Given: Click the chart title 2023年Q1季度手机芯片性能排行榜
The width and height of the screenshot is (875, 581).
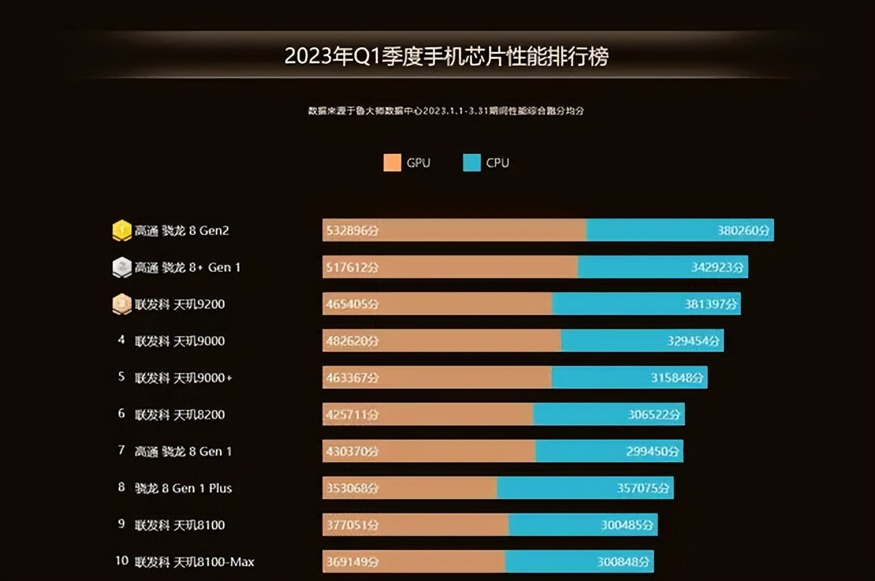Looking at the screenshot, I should (x=446, y=56).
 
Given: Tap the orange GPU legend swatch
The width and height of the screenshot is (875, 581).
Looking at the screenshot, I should (x=392, y=163).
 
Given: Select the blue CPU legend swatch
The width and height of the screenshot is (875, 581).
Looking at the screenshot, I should (x=472, y=163).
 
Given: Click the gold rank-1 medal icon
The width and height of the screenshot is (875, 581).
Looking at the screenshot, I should (x=122, y=230).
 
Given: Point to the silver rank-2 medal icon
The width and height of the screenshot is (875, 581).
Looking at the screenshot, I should (x=122, y=267).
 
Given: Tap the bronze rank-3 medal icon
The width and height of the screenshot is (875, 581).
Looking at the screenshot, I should (x=122, y=304).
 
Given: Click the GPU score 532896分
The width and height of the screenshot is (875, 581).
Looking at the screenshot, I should (x=351, y=231).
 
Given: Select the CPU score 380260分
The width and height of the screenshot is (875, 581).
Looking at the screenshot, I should (x=743, y=231).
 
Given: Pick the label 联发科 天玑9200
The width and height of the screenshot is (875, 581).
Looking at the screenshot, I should (x=180, y=304).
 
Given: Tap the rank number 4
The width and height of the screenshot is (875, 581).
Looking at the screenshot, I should (x=122, y=340).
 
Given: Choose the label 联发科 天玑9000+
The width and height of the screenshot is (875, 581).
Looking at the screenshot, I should (x=183, y=377).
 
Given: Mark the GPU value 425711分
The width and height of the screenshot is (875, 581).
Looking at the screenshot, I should (x=351, y=415).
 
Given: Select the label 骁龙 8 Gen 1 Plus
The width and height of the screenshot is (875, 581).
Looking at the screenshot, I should (x=183, y=488).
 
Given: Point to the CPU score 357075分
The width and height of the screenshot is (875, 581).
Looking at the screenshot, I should (x=644, y=489).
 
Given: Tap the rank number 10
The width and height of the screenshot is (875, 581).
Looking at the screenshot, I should (x=122, y=561).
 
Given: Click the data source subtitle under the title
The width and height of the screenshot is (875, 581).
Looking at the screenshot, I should (x=446, y=111).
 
